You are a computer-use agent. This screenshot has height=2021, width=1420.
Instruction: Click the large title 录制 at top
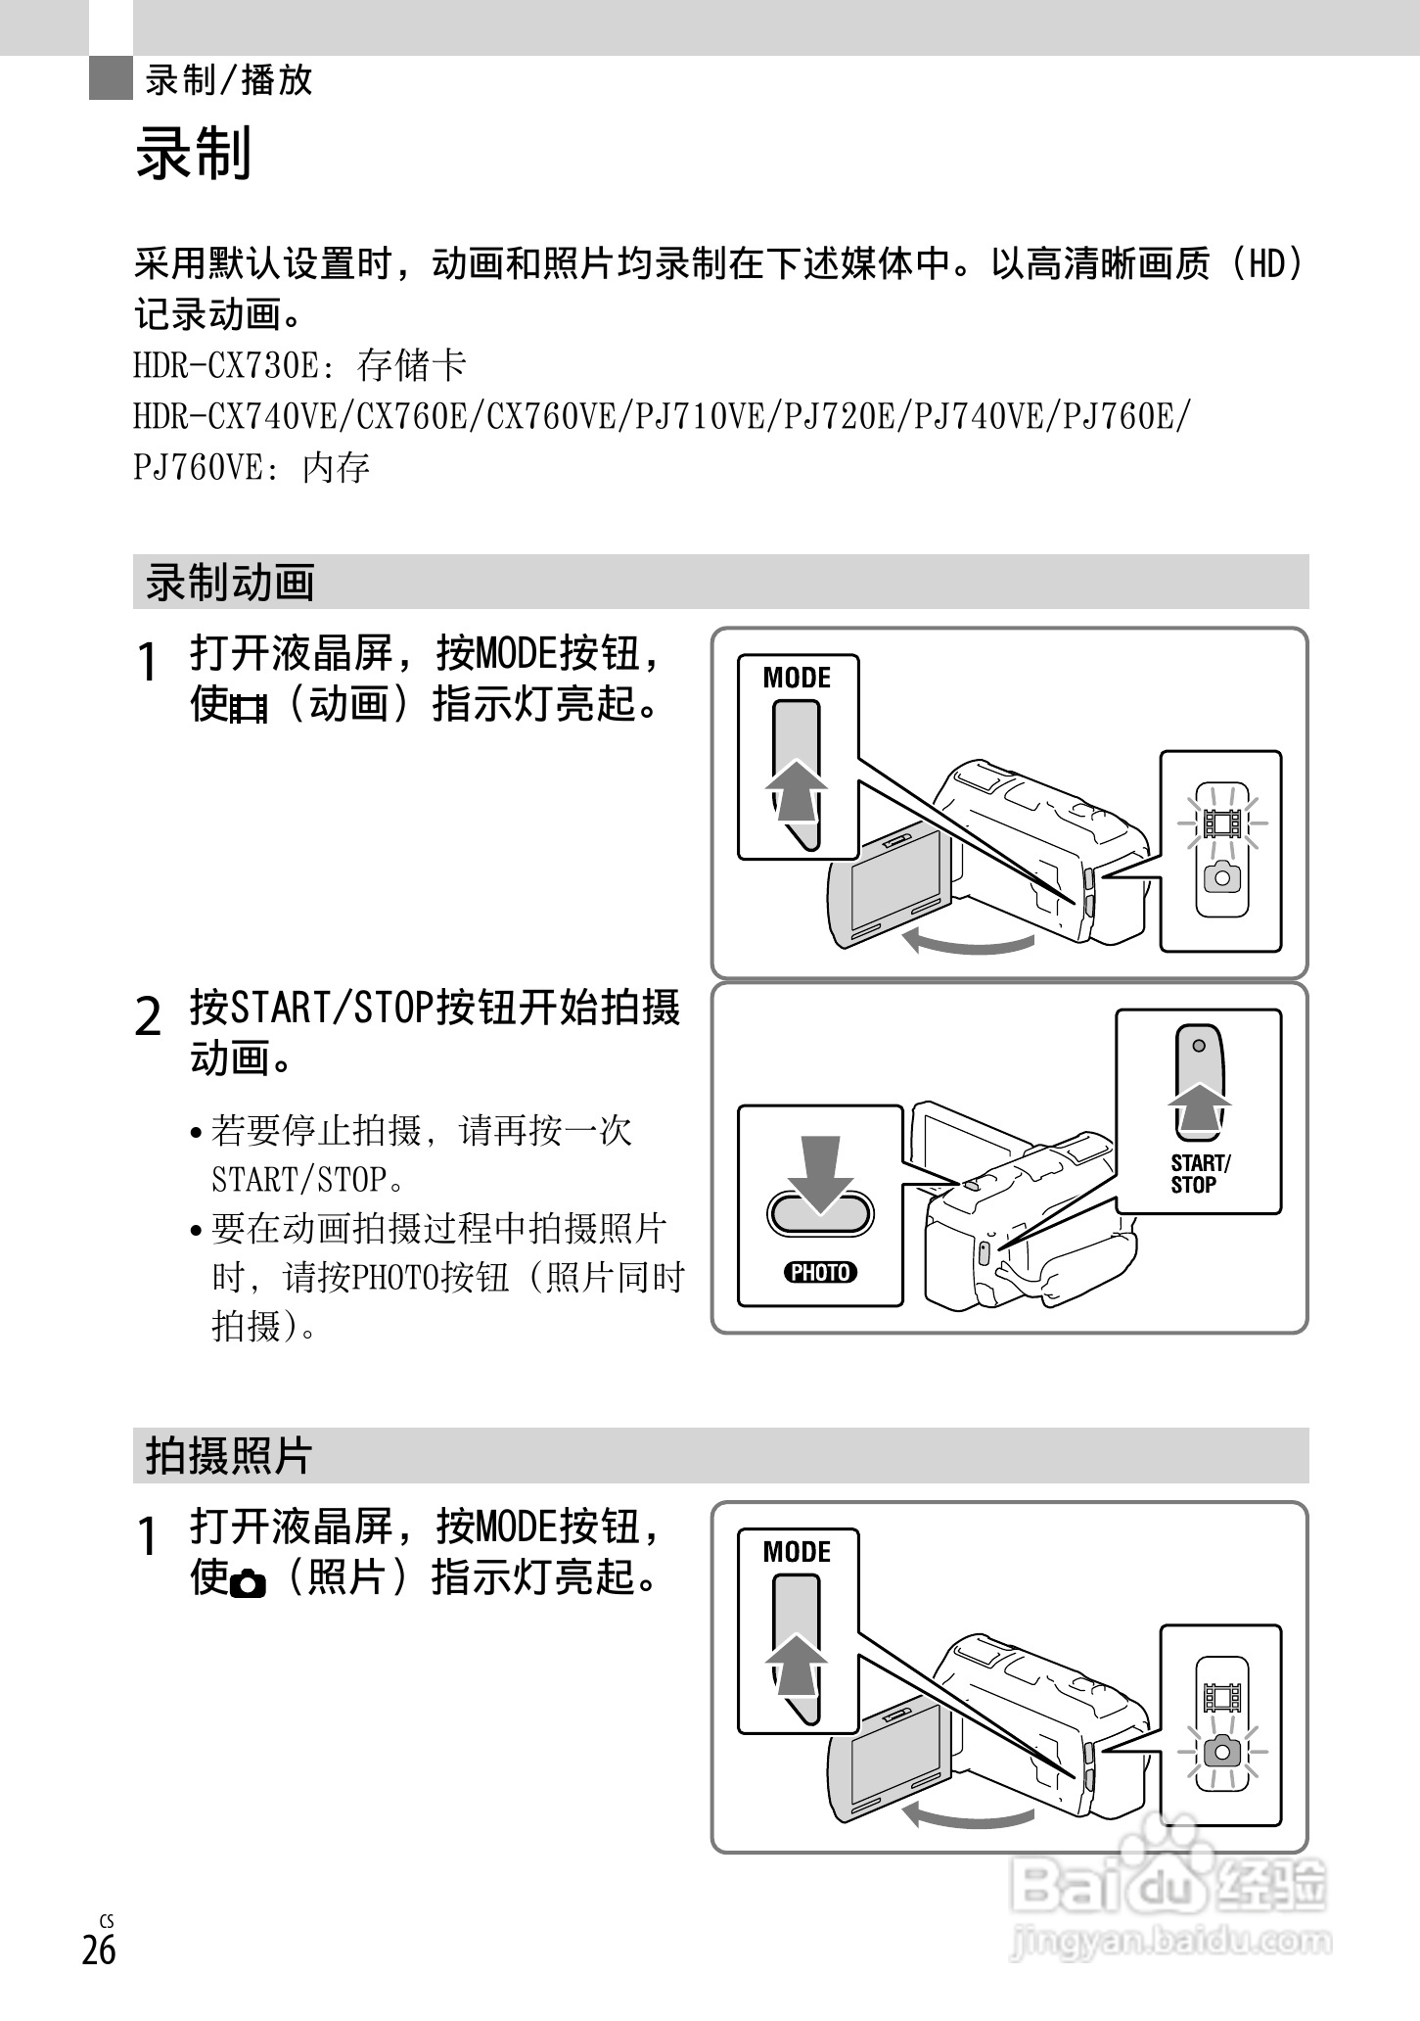tap(194, 154)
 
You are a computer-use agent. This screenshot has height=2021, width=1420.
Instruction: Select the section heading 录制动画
tap(230, 583)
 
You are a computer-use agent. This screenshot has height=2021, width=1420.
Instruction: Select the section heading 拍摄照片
tap(228, 1456)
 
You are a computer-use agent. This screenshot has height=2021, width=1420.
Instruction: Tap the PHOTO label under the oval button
tap(820, 1272)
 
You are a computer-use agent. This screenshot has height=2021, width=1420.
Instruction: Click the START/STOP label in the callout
tap(1200, 1173)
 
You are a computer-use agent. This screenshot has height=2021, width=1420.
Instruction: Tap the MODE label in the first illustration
tap(797, 678)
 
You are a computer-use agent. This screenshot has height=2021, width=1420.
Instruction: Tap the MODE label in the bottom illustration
tap(797, 1552)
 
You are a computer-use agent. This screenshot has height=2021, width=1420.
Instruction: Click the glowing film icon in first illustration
tap(1222, 822)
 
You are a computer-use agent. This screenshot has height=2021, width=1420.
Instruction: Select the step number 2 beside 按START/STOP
tap(148, 1018)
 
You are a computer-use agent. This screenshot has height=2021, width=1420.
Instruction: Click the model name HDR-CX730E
tap(226, 366)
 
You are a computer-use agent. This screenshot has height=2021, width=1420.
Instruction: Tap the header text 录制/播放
tap(229, 80)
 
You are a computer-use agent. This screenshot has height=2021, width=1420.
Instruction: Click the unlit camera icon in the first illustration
tap(1222, 877)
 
